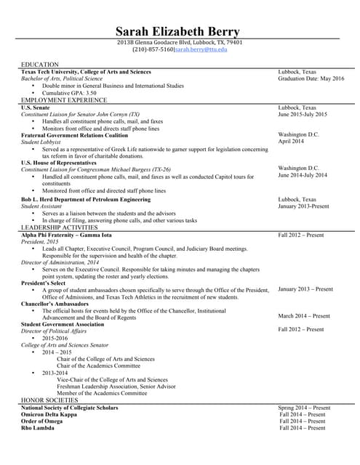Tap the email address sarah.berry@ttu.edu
(201, 49)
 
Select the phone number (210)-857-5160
(152, 49)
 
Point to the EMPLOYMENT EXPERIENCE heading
(63, 100)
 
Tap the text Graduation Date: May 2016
(311, 78)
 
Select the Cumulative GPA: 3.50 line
(69, 93)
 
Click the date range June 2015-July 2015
(303, 114)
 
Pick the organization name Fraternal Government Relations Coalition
(74, 135)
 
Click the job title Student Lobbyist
(42, 142)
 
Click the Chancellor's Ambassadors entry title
(56, 302)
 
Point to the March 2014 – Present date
(304, 316)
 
